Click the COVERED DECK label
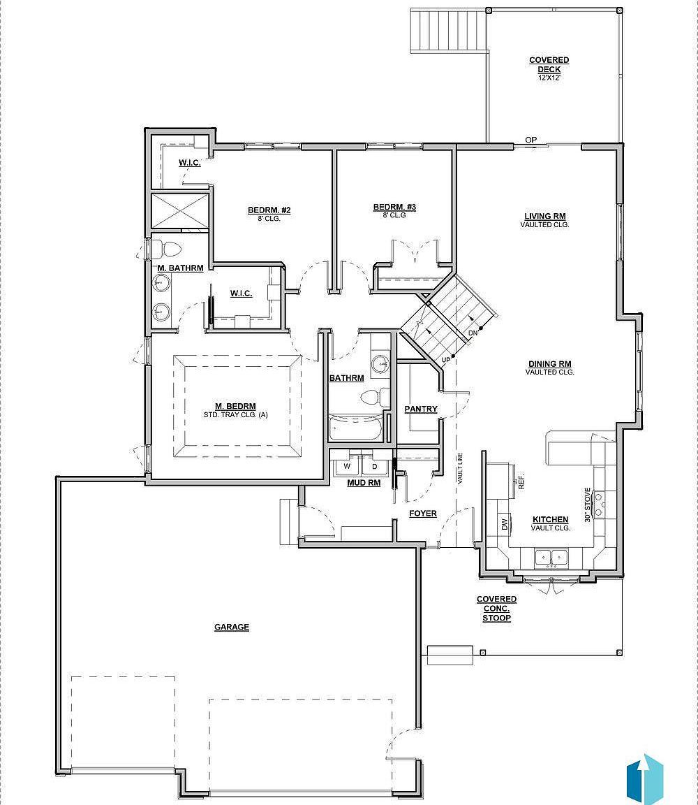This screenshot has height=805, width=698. (x=549, y=65)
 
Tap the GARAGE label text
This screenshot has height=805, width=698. (x=231, y=628)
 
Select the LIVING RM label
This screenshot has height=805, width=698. (x=545, y=217)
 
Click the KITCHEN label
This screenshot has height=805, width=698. (x=550, y=520)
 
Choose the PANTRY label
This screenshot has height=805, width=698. (x=421, y=409)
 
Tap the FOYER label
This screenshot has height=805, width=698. (x=423, y=514)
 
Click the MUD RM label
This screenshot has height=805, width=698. (x=364, y=482)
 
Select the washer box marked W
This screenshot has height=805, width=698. (x=346, y=466)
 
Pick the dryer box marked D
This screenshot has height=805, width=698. (x=374, y=466)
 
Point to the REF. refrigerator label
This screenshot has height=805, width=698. (x=521, y=481)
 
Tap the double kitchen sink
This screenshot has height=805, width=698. (x=551, y=557)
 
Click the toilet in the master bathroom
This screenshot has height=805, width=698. (x=168, y=249)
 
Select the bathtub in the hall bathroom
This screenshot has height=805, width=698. (x=356, y=428)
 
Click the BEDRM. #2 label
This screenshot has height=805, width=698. (x=269, y=210)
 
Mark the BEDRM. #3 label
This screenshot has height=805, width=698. (x=394, y=208)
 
